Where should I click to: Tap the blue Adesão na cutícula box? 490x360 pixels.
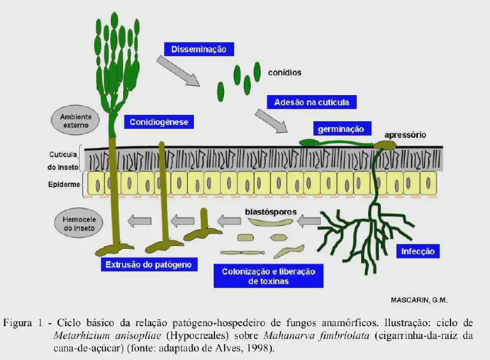coord(311,102)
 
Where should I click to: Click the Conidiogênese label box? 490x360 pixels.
coord(159,122)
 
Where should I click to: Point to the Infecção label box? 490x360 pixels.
coord(418,251)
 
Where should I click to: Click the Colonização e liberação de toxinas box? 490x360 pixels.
coord(268,276)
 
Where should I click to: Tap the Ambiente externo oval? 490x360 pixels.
coord(76,121)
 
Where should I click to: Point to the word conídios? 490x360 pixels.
coord(285,72)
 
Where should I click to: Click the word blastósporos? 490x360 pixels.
coord(271,210)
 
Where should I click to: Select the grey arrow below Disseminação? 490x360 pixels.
coord(178,71)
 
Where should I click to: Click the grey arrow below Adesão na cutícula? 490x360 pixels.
coord(271,121)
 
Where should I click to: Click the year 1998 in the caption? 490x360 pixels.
coord(257,348)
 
